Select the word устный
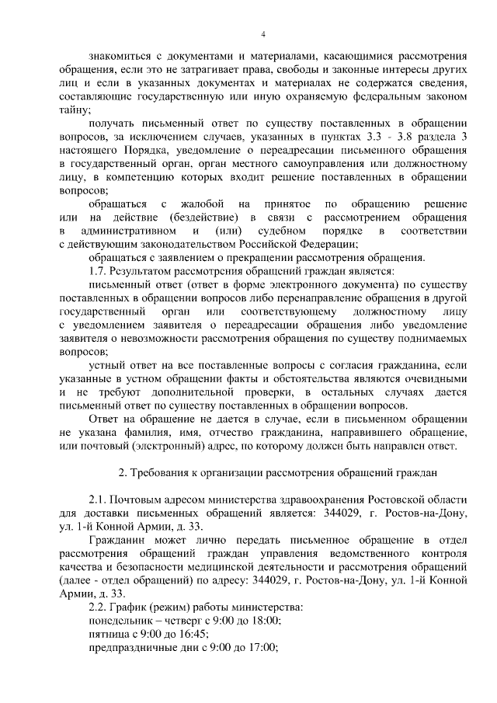pyautogui.click(x=106, y=364)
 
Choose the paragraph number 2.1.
pyautogui.click(x=97, y=499)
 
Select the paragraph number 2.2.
pyautogui.click(x=97, y=606)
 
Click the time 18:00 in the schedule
pyautogui.click(x=264, y=620)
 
